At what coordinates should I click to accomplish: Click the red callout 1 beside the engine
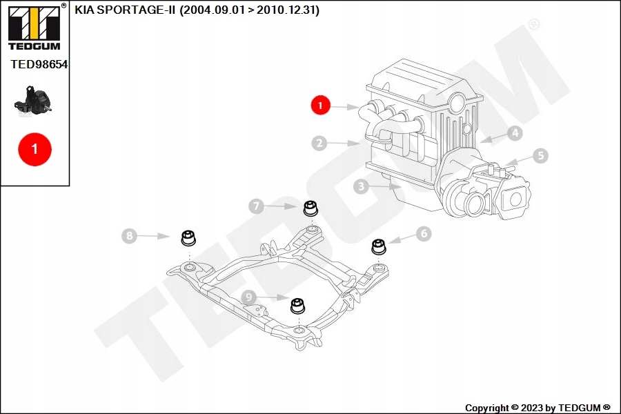pos(320,105)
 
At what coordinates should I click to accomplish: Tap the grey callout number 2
pos(319,143)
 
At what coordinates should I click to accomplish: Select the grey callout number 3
pos(361,186)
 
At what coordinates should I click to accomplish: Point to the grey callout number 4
pos(515,132)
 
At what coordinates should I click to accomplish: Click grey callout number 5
pos(540,156)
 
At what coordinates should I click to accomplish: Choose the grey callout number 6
pos(424,233)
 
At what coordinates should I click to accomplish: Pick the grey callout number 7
pos(256,206)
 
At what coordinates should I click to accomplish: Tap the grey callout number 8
pos(129,236)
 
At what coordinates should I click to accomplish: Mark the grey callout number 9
pos(248,297)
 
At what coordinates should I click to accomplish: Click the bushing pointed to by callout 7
pos(310,208)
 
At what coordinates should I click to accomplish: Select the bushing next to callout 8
pos(188,237)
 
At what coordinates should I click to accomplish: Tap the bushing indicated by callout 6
pos(378,246)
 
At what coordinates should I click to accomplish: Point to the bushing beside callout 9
pos(298,306)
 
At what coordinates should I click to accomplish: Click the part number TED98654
pos(39,65)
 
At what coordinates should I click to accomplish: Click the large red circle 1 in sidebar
pos(35,149)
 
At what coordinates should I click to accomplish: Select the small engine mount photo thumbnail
pos(33,101)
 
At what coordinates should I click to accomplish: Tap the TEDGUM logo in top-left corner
pos(35,27)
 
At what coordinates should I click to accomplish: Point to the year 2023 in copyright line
pos(532,408)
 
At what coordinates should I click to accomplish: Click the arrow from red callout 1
pos(344,107)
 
